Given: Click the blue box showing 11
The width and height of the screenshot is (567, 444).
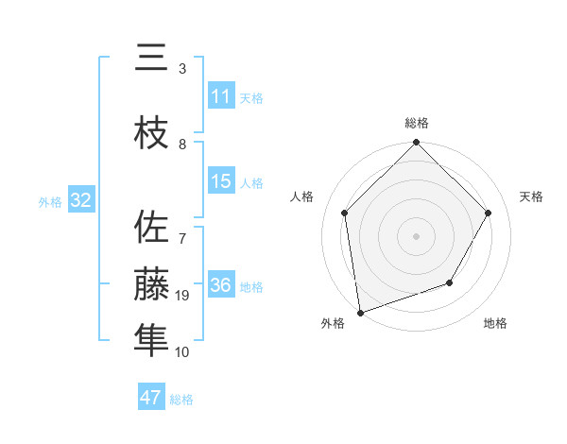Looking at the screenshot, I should (x=221, y=96).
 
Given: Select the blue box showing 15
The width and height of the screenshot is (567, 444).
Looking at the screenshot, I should (x=221, y=181).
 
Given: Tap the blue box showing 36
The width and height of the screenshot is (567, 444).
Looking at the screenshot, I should (x=221, y=285).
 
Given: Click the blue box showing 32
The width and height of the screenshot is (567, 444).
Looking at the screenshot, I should (x=80, y=200).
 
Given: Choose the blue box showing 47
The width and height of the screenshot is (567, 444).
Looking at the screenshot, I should (x=151, y=398).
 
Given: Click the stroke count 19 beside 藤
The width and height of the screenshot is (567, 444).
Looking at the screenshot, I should (x=183, y=297).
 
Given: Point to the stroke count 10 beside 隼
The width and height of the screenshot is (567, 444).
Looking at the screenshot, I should (x=183, y=352).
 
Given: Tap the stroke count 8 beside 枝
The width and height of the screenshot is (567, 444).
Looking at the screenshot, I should (x=183, y=145).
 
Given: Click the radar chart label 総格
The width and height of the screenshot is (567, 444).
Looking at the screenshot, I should (x=417, y=123).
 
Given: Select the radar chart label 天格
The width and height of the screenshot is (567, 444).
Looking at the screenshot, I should (x=531, y=196).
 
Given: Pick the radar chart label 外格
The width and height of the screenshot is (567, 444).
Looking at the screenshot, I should (x=333, y=324).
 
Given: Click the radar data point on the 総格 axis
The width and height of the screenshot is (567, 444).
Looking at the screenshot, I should (x=416, y=144).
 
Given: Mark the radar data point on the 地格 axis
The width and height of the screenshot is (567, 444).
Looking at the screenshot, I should (x=450, y=282).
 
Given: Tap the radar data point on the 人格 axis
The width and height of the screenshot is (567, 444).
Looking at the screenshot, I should (x=345, y=213).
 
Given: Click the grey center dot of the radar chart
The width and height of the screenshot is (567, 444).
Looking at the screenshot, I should (x=416, y=235).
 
